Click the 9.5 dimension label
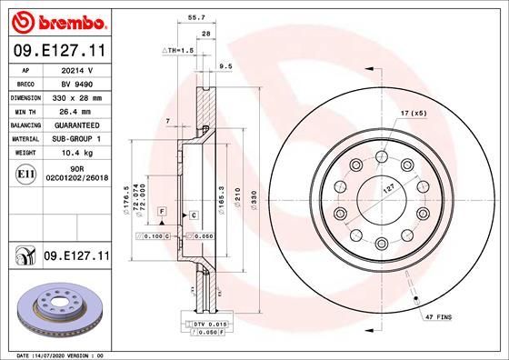[226, 65]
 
